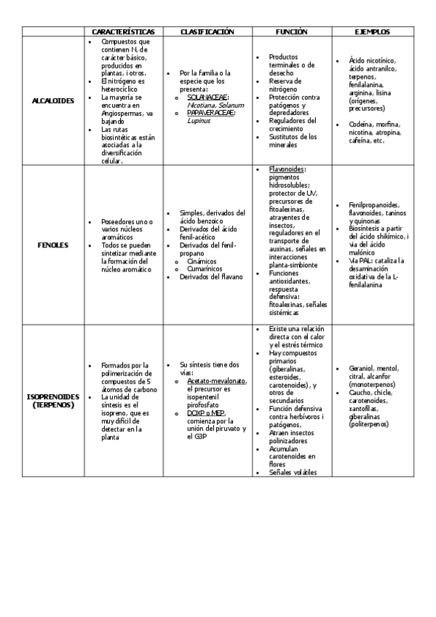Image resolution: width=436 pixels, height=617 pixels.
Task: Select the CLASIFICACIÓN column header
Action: [x=207, y=32]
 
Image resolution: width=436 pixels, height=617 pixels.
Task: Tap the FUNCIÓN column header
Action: [x=291, y=32]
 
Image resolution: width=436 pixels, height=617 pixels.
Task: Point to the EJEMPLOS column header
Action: [x=372, y=32]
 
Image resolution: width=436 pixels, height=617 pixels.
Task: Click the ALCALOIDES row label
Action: [x=53, y=100]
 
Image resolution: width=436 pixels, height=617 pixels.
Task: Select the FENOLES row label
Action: [x=53, y=245]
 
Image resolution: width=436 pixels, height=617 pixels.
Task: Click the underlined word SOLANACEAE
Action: [x=207, y=97]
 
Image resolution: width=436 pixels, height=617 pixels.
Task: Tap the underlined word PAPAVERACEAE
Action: [x=210, y=113]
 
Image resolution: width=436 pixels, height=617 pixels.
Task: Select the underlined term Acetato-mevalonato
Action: [x=216, y=381]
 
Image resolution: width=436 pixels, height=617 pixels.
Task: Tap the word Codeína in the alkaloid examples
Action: [x=362, y=124]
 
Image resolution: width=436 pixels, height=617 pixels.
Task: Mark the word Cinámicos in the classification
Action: [x=202, y=260]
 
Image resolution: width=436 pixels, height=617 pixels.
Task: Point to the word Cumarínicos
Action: [x=205, y=268]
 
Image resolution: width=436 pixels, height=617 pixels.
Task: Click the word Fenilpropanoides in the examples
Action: [x=373, y=205]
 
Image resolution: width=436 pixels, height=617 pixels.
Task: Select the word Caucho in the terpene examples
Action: [x=360, y=392]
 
